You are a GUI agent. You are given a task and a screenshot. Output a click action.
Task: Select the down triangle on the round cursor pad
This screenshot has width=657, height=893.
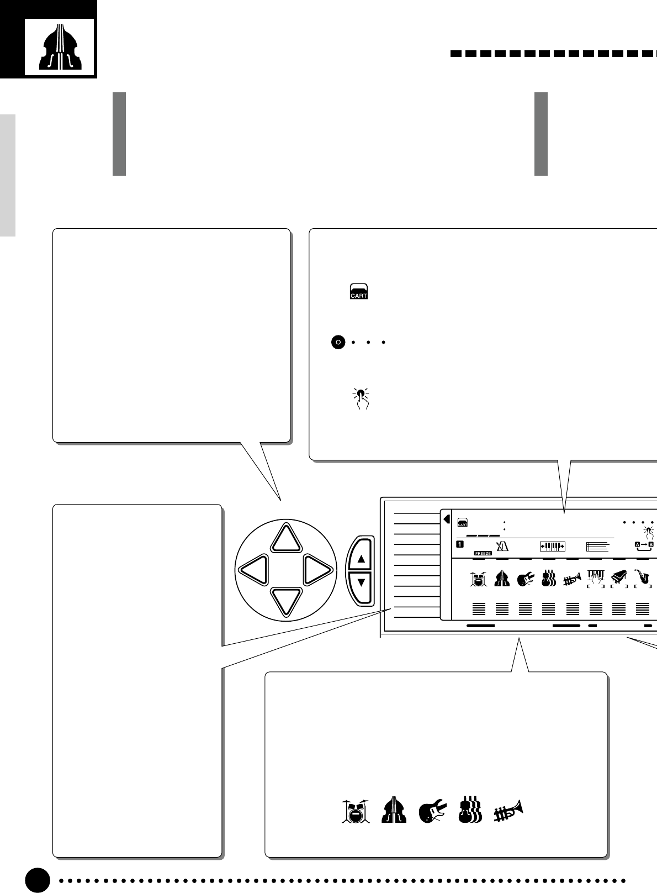click(286, 601)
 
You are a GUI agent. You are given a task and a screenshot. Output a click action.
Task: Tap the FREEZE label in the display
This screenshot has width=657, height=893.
click(483, 553)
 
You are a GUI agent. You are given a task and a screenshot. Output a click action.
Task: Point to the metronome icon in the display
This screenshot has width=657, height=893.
click(502, 546)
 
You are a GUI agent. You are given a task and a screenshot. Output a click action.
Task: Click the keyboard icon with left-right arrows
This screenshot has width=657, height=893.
click(552, 546)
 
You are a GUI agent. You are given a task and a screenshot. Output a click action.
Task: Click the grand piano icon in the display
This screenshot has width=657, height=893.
click(619, 578)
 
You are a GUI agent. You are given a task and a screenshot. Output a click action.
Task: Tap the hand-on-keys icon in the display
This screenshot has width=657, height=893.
click(596, 578)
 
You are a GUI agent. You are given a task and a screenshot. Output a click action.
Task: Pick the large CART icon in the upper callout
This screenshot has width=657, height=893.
click(359, 291)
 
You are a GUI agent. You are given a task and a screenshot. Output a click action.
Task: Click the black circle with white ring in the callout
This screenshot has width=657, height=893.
click(338, 343)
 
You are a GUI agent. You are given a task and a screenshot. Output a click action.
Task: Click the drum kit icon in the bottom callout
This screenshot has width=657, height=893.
click(355, 811)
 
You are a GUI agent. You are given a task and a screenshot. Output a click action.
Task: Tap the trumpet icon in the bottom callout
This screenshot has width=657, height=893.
click(508, 811)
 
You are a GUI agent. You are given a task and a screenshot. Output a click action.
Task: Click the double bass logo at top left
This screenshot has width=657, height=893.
click(59, 47)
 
